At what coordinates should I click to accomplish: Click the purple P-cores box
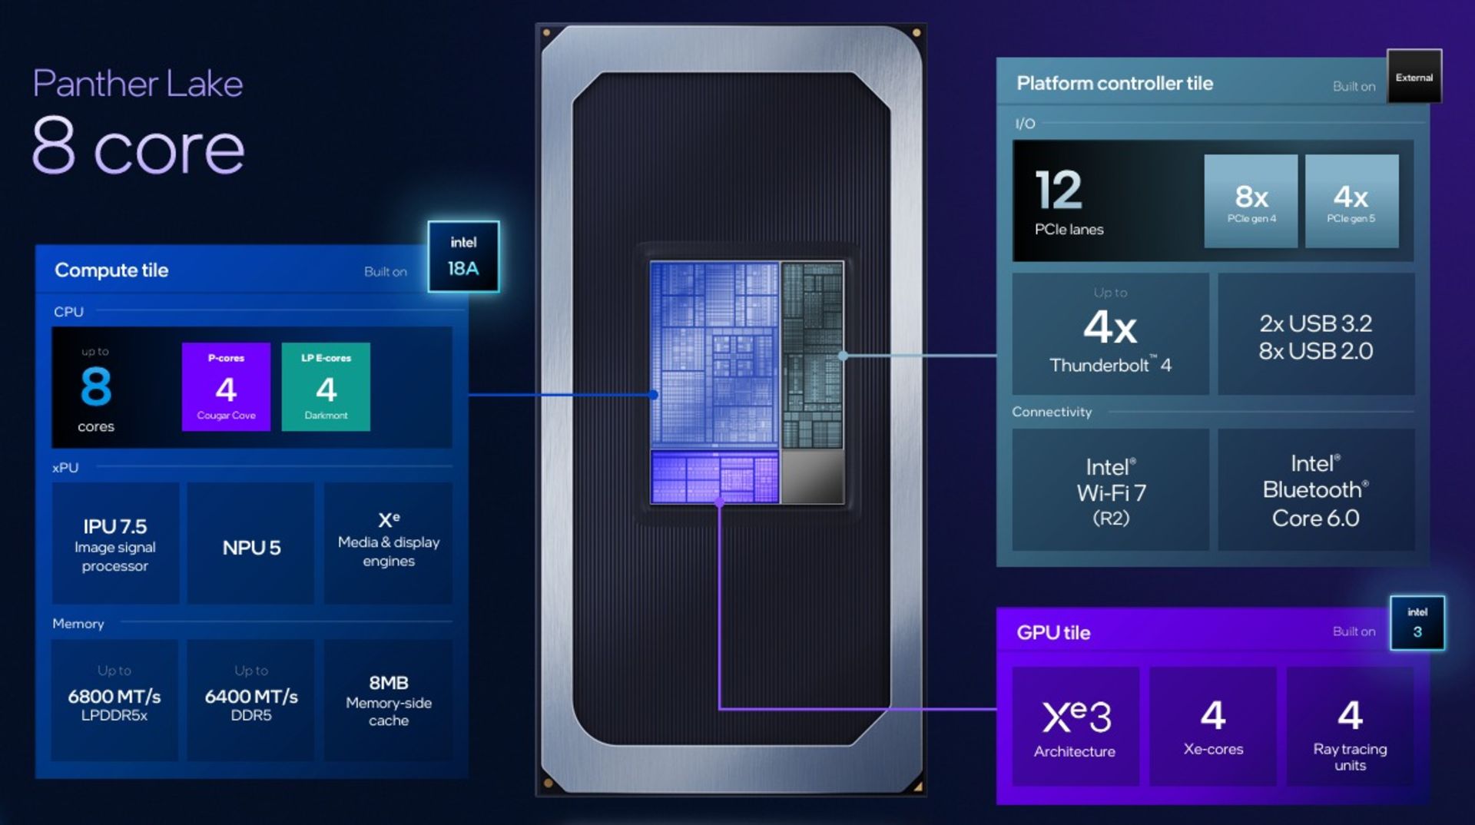click(x=226, y=386)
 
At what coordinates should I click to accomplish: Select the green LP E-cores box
click(x=326, y=386)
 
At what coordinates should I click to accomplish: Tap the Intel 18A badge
click(x=463, y=257)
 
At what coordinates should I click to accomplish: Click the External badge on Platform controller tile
click(x=1414, y=76)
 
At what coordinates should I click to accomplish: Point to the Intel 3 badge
click(x=1417, y=623)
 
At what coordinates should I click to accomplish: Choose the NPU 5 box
click(x=251, y=544)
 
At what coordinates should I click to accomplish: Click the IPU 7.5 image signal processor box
click(x=115, y=544)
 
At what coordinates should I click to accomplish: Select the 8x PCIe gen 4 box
click(x=1251, y=201)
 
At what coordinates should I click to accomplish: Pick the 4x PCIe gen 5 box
click(x=1351, y=201)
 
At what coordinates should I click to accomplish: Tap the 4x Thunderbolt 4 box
click(x=1110, y=334)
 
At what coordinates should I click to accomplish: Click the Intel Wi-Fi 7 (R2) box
click(x=1110, y=490)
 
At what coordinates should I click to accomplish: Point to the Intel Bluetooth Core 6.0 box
click(x=1316, y=490)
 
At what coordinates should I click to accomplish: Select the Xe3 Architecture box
click(x=1076, y=727)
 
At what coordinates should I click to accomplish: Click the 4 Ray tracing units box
click(x=1351, y=727)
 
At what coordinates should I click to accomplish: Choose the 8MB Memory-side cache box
click(x=388, y=701)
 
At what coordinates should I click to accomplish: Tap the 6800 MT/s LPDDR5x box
click(x=114, y=701)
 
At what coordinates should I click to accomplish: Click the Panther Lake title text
click(x=138, y=84)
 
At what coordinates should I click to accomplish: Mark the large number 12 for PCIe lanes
click(x=1059, y=190)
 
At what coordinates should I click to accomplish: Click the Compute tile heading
click(x=111, y=270)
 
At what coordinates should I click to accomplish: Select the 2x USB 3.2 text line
click(x=1315, y=323)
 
